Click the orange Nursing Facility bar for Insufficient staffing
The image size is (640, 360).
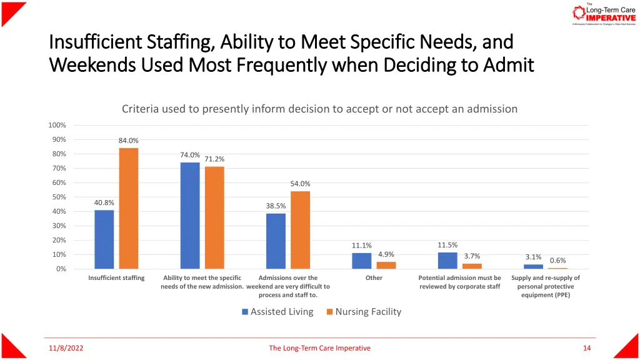(x=129, y=208)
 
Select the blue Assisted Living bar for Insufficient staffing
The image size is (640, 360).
(x=104, y=239)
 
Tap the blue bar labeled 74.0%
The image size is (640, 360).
(x=190, y=216)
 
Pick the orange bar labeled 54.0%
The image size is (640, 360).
(x=300, y=230)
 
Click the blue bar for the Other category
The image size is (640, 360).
(x=361, y=261)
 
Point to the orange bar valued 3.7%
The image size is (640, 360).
(x=472, y=266)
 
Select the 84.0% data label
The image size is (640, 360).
(x=129, y=141)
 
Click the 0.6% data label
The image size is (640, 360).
(x=558, y=261)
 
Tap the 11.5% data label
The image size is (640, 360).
(x=447, y=245)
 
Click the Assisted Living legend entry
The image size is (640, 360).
(x=277, y=312)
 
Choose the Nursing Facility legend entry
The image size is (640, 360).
(x=364, y=312)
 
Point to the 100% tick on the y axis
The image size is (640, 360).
(x=57, y=125)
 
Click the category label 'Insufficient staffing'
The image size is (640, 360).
(x=116, y=278)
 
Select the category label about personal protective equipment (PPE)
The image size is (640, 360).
(x=546, y=286)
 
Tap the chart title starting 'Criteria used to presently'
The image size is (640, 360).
(x=319, y=109)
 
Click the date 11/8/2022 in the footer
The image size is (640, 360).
(x=66, y=348)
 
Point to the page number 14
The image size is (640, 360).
(x=586, y=348)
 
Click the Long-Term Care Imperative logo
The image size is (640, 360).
(x=603, y=14)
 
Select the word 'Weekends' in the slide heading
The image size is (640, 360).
(x=92, y=64)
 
